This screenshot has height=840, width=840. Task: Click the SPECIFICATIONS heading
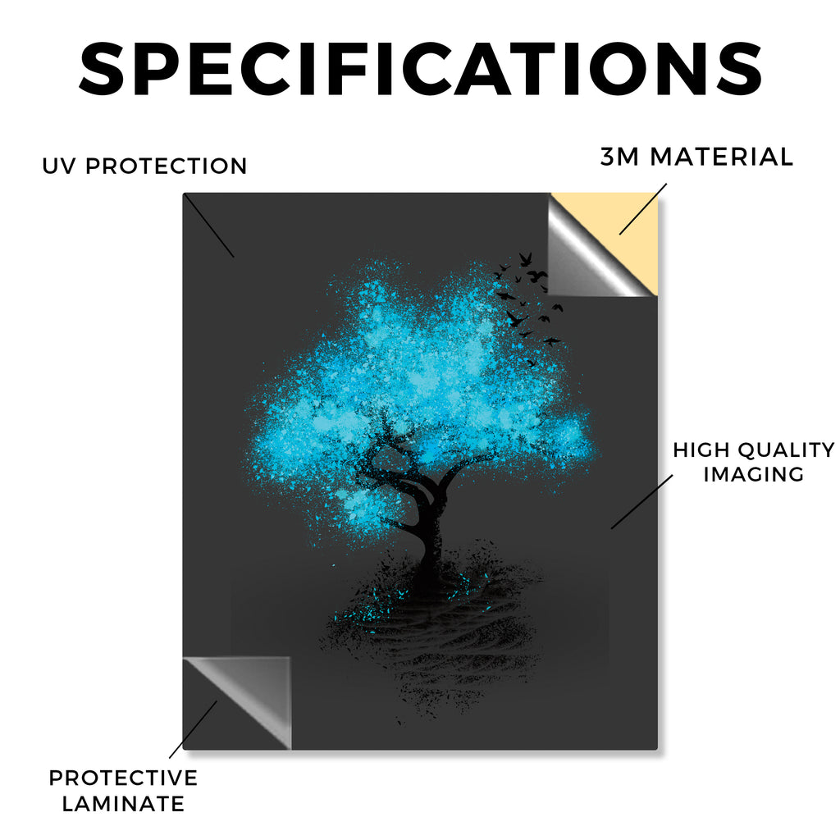click(x=421, y=70)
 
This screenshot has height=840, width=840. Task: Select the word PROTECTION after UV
click(x=166, y=166)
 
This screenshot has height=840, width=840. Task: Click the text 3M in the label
click(x=619, y=157)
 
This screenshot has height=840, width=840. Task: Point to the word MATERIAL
click(x=722, y=157)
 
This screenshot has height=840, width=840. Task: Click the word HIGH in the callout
click(x=701, y=450)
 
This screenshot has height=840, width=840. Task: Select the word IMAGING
click(x=753, y=474)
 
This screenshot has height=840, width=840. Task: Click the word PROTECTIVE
click(x=123, y=778)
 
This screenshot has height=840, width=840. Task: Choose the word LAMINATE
click(x=123, y=804)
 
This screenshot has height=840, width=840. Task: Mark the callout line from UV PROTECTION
click(x=209, y=226)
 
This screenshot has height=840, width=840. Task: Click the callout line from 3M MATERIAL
click(x=643, y=209)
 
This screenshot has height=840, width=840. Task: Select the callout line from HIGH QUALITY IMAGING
click(x=641, y=502)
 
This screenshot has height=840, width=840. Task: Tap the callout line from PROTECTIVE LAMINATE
click(x=194, y=729)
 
